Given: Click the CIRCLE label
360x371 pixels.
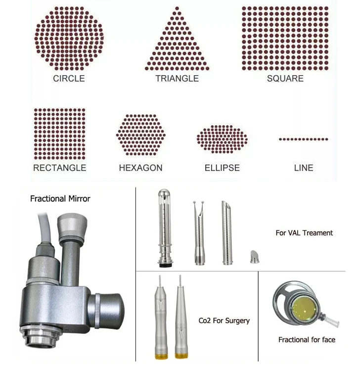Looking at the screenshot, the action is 69,79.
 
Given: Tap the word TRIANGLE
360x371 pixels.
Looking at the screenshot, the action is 177,79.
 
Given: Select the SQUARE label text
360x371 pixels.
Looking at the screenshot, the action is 285,79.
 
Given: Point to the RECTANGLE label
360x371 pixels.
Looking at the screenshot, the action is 60,168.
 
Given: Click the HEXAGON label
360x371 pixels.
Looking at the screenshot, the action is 141,168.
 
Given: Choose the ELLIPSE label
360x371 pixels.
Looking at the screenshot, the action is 222,168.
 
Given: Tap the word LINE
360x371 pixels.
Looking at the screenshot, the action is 304,168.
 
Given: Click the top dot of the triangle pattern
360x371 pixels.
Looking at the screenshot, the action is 177,8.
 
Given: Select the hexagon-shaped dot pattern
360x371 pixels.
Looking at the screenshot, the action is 141,135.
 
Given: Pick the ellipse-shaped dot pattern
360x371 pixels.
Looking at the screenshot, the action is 222,139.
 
